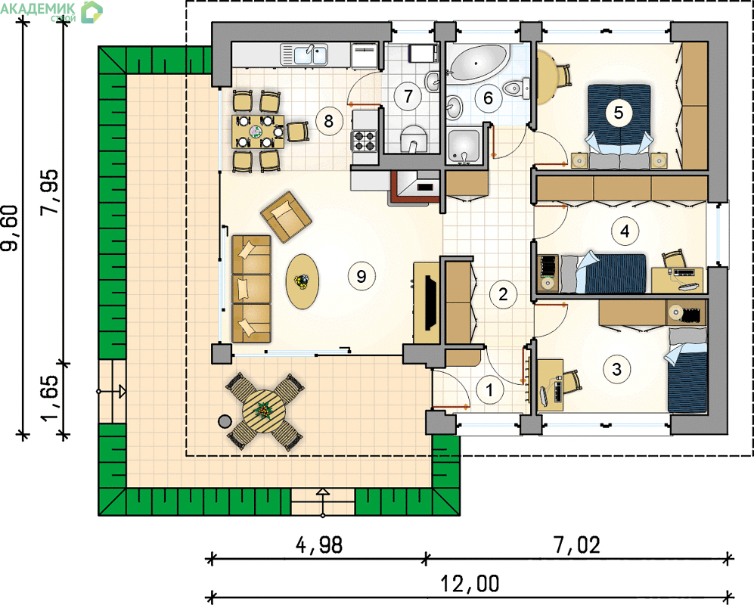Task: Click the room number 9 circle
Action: [x=361, y=276]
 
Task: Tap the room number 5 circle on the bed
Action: [x=619, y=113]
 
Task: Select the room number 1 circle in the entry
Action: [x=490, y=389]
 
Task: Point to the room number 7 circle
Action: [x=408, y=96]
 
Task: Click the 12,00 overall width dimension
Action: [x=470, y=584]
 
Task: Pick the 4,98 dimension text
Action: [x=319, y=545]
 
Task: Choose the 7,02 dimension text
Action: [x=577, y=545]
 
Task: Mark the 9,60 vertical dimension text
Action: [x=10, y=228]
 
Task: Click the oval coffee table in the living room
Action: [x=303, y=281]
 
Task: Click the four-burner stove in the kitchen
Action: [x=364, y=141]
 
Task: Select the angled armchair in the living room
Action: [x=286, y=216]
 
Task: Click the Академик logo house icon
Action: [x=92, y=12]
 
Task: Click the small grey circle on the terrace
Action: [x=225, y=422]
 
